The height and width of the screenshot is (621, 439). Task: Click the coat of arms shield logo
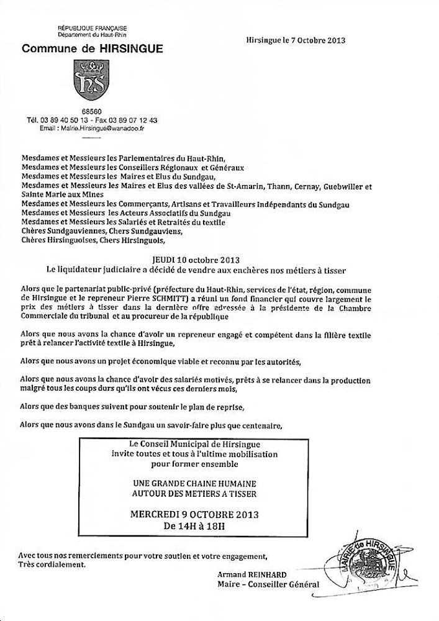click(x=91, y=80)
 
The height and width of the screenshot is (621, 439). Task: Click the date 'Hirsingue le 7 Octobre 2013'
click(x=296, y=40)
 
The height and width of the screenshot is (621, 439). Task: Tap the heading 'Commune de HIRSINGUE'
click(x=93, y=49)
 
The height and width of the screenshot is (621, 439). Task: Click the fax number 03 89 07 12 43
click(x=131, y=119)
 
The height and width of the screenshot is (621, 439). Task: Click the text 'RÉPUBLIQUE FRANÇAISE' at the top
click(x=92, y=29)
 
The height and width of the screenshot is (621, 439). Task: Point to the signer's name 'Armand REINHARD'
click(x=248, y=574)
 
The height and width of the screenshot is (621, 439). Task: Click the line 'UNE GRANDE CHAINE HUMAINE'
click(x=194, y=484)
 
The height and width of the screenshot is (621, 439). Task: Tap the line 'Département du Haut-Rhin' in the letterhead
click(x=92, y=36)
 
